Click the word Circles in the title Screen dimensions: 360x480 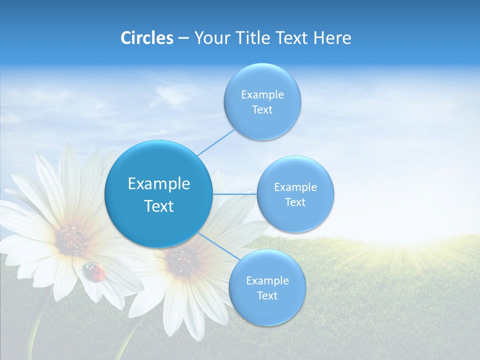click(147, 38)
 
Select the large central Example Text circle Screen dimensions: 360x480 click(158, 194)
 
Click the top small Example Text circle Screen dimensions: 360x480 click(262, 101)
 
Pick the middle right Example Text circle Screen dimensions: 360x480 click(295, 194)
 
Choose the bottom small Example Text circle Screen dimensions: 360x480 click(267, 287)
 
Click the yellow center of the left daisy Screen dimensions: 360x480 click(72, 239)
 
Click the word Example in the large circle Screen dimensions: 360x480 click(158, 183)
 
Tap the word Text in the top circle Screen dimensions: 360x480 click(262, 110)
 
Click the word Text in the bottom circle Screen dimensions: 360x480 click(267, 296)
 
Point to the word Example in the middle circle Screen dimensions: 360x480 click(295, 187)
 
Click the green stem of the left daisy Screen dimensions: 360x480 click(37, 325)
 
